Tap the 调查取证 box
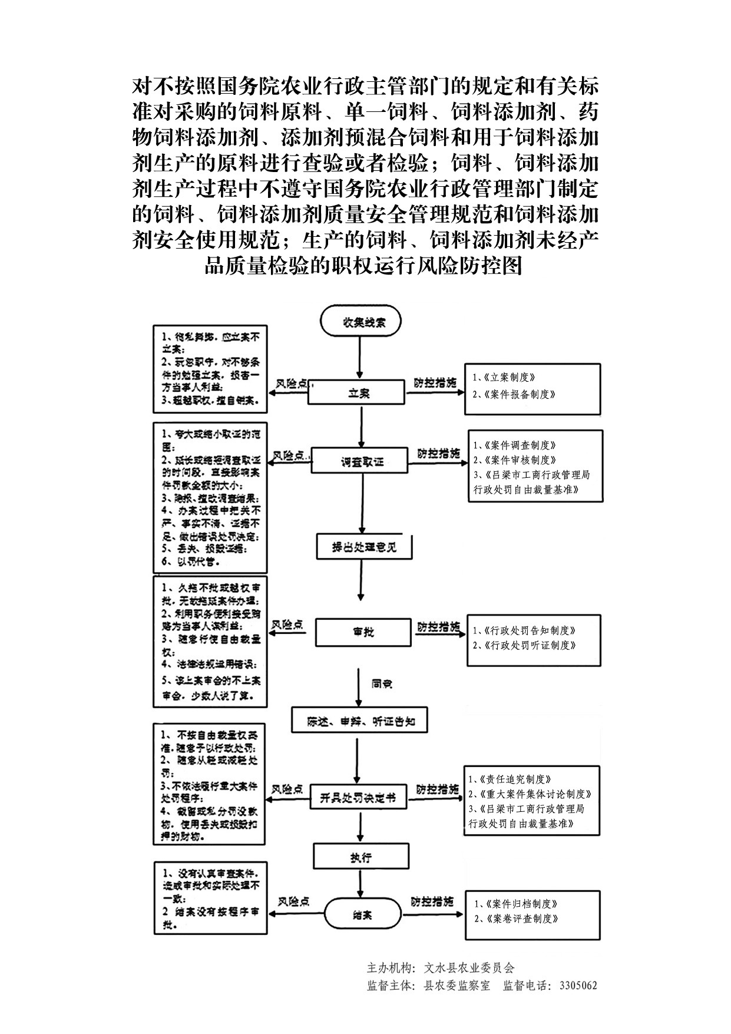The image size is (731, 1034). point(359,461)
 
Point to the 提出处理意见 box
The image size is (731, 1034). point(364,547)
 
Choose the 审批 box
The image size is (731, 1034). point(362,632)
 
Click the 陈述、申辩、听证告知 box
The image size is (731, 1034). point(360,721)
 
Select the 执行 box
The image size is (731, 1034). point(360,857)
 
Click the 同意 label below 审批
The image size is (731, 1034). point(382,684)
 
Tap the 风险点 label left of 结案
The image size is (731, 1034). point(294,902)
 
